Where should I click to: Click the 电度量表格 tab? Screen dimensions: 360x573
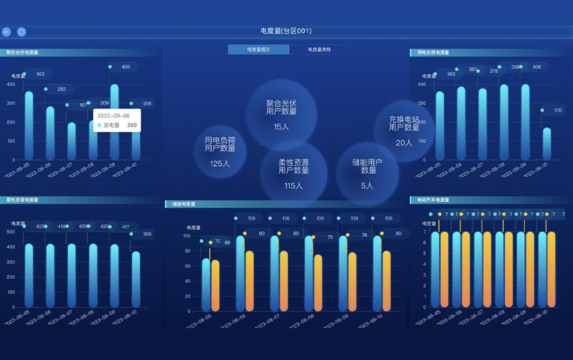click(319, 49)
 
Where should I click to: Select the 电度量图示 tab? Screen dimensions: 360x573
click(259, 49)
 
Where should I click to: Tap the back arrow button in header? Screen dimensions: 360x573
click(7, 31)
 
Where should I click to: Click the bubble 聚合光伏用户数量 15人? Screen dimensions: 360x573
click(281, 113)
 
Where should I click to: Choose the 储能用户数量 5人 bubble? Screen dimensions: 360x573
click(367, 173)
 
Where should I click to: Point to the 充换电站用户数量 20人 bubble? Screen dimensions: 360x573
click(404, 131)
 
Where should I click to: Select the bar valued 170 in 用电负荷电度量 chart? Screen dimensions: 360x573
click(546, 143)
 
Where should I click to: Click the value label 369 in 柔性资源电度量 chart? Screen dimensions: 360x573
click(147, 234)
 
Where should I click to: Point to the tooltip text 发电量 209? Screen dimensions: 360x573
click(117, 125)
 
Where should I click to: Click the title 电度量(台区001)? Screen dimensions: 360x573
click(286, 31)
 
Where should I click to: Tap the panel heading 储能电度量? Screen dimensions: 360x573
click(183, 204)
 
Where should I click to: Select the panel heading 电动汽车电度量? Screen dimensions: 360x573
click(433, 199)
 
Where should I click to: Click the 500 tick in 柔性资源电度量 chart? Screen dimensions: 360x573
click(11, 232)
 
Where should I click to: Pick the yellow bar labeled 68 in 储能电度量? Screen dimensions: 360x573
click(215, 285)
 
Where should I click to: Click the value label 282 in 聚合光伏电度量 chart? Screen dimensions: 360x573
click(61, 89)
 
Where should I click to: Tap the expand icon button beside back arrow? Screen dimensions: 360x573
click(21, 31)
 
